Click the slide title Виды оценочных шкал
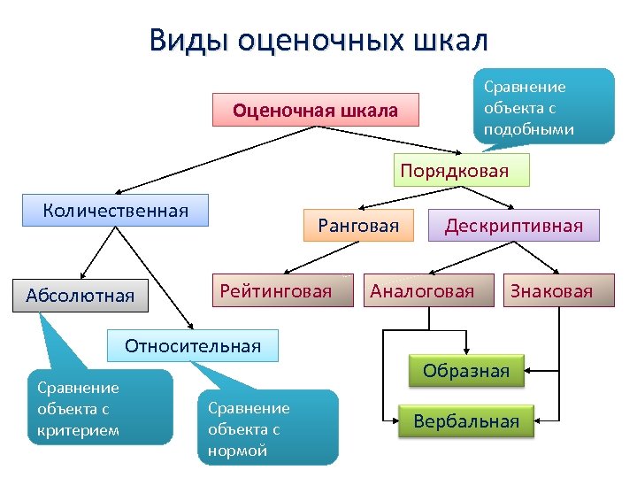[x=318, y=41]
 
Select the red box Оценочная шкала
[x=315, y=112]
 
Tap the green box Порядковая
[x=461, y=170]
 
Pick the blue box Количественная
[x=116, y=211]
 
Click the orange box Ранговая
[x=358, y=226]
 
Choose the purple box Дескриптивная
[x=513, y=226]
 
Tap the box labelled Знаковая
[x=550, y=290]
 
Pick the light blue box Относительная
[x=193, y=345]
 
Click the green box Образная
[x=466, y=371]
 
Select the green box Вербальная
[x=466, y=421]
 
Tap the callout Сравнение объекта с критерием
[x=97, y=408]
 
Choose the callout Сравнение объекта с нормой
[x=267, y=428]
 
